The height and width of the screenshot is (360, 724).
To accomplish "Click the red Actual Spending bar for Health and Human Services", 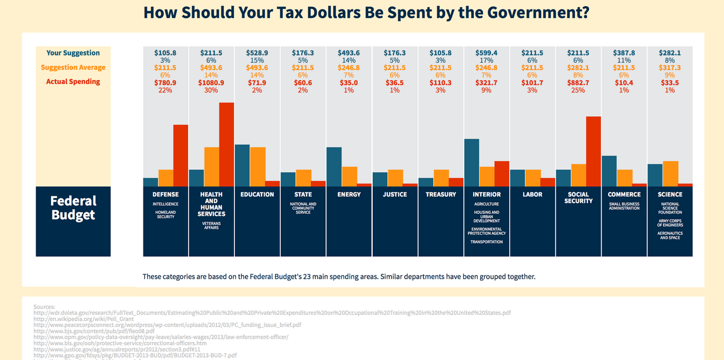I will point(226,145).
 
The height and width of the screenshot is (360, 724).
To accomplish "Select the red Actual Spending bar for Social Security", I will point(593,152).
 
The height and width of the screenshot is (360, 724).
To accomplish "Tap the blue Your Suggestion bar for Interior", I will point(472,163).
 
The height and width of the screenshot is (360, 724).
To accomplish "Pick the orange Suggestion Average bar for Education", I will point(257,167).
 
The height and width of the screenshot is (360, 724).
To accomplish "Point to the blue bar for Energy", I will point(334,167).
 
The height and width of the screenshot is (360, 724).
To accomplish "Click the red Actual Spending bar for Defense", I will point(181,156).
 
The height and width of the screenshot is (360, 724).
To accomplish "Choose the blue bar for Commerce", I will point(609,171).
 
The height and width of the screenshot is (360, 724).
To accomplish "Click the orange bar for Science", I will point(670,174).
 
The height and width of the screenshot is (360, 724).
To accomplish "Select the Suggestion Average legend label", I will point(73,67).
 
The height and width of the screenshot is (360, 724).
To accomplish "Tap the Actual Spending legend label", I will point(73,82).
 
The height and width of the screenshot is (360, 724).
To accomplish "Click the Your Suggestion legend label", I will point(73,53).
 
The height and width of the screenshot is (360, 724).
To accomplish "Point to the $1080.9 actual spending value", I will point(211,83).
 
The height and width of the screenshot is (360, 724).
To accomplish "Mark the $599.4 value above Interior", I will point(486,53).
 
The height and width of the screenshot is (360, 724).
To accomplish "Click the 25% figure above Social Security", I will point(578,90).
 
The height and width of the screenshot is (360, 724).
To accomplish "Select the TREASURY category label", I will point(441,194).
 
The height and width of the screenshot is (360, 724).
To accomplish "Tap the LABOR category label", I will point(532,194).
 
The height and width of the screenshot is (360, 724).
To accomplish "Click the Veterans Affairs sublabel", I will point(211,226).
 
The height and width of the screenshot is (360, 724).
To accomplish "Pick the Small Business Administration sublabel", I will point(624,206).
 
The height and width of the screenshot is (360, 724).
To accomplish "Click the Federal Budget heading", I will point(73,208).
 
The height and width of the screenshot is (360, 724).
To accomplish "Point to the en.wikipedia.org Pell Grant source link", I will point(83,319).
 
